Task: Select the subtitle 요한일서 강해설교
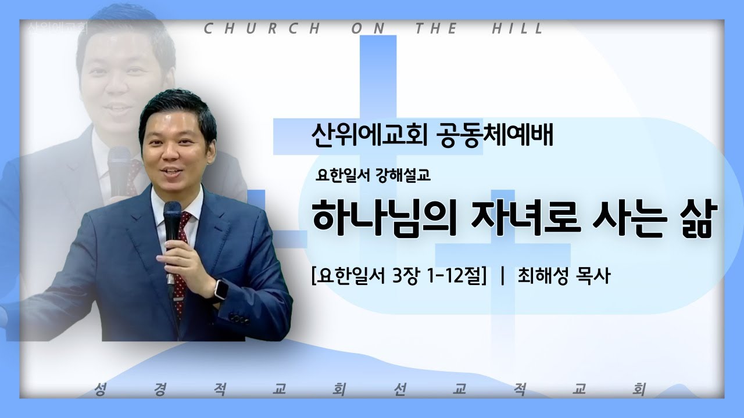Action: (373, 176)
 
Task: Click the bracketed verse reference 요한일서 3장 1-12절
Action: (399, 277)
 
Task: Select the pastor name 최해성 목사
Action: (562, 277)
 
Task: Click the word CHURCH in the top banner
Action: (262, 28)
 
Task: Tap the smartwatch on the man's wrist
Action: (220, 289)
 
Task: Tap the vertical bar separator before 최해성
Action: (502, 277)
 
